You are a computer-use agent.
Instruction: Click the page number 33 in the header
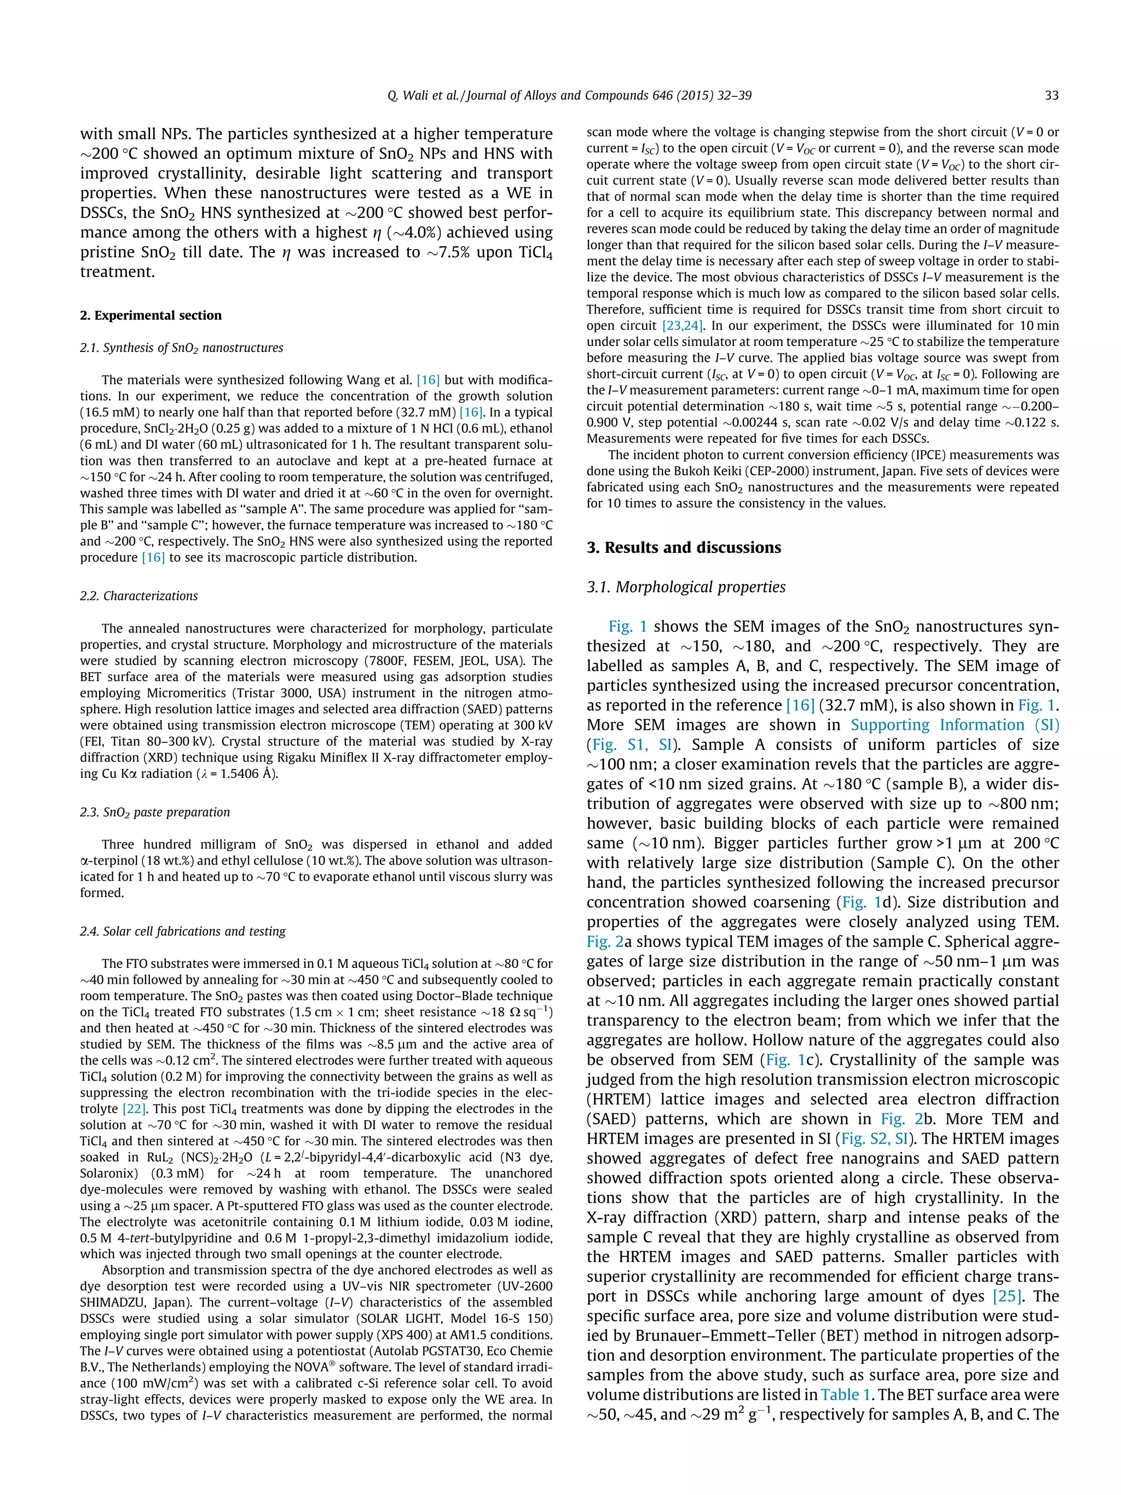tap(1051, 95)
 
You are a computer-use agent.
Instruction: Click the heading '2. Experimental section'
tap(151, 316)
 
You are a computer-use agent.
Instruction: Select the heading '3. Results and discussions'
tap(683, 547)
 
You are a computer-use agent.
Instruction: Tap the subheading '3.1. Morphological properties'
tap(686, 587)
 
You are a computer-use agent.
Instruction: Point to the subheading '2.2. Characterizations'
tap(138, 596)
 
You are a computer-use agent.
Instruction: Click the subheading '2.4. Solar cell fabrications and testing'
tap(182, 931)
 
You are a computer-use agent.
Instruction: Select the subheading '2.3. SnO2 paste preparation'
tap(155, 812)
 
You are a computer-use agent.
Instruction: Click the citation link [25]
tap(1007, 1296)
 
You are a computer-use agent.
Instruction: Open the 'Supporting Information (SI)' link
tap(955, 725)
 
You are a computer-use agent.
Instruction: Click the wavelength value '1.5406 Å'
tap(247, 774)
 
